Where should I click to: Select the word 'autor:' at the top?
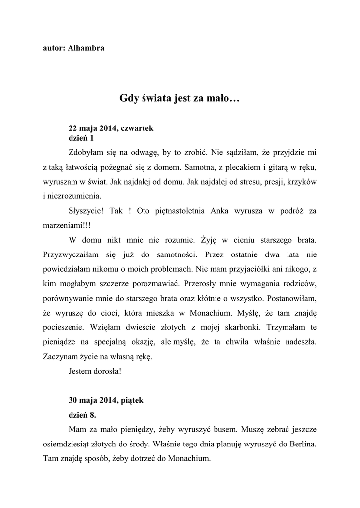click(x=52, y=48)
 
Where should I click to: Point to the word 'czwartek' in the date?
click(x=138, y=128)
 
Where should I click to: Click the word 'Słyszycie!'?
click(x=86, y=210)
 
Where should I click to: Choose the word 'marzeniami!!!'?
click(x=63, y=224)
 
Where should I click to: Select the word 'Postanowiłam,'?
click(x=292, y=299)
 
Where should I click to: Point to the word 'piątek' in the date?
click(x=132, y=400)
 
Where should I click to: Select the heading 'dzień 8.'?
click(x=82, y=414)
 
